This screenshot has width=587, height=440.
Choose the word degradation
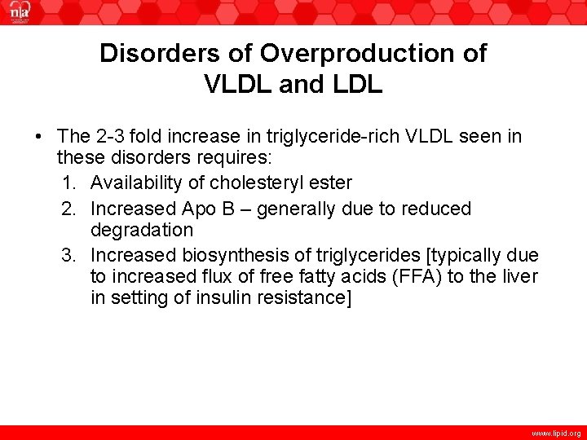(x=142, y=231)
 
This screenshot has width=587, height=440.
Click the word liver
(x=519, y=276)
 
